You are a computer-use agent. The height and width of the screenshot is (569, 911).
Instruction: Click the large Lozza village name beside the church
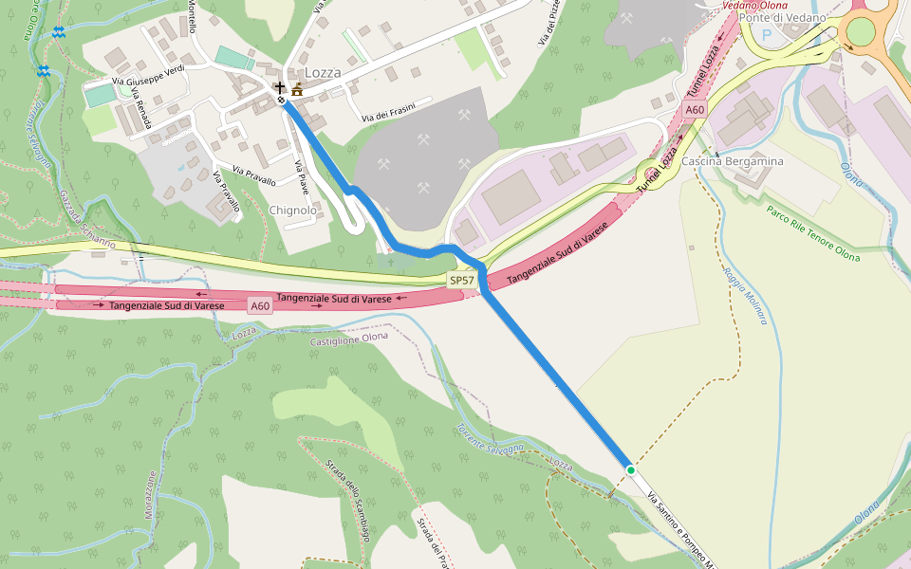[322, 72]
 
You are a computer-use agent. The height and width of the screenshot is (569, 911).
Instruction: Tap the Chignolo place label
[292, 210]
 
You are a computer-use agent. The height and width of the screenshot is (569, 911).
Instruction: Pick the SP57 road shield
[462, 281]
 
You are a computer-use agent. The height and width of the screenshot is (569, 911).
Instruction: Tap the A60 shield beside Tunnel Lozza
[696, 110]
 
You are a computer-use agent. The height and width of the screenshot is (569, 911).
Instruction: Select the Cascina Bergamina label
[733, 161]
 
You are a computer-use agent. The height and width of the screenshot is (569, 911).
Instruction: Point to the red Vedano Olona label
[754, 6]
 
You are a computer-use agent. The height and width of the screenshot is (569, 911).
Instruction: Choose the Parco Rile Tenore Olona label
[812, 234]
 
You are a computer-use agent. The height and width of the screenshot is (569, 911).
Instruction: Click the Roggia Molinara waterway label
[744, 295]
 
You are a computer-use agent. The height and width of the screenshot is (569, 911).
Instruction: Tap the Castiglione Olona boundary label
[350, 339]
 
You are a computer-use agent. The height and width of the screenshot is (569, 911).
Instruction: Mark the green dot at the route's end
[630, 469]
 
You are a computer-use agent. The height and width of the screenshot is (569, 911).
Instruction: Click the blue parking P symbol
[767, 32]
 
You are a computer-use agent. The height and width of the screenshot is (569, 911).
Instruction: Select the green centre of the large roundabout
[860, 32]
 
